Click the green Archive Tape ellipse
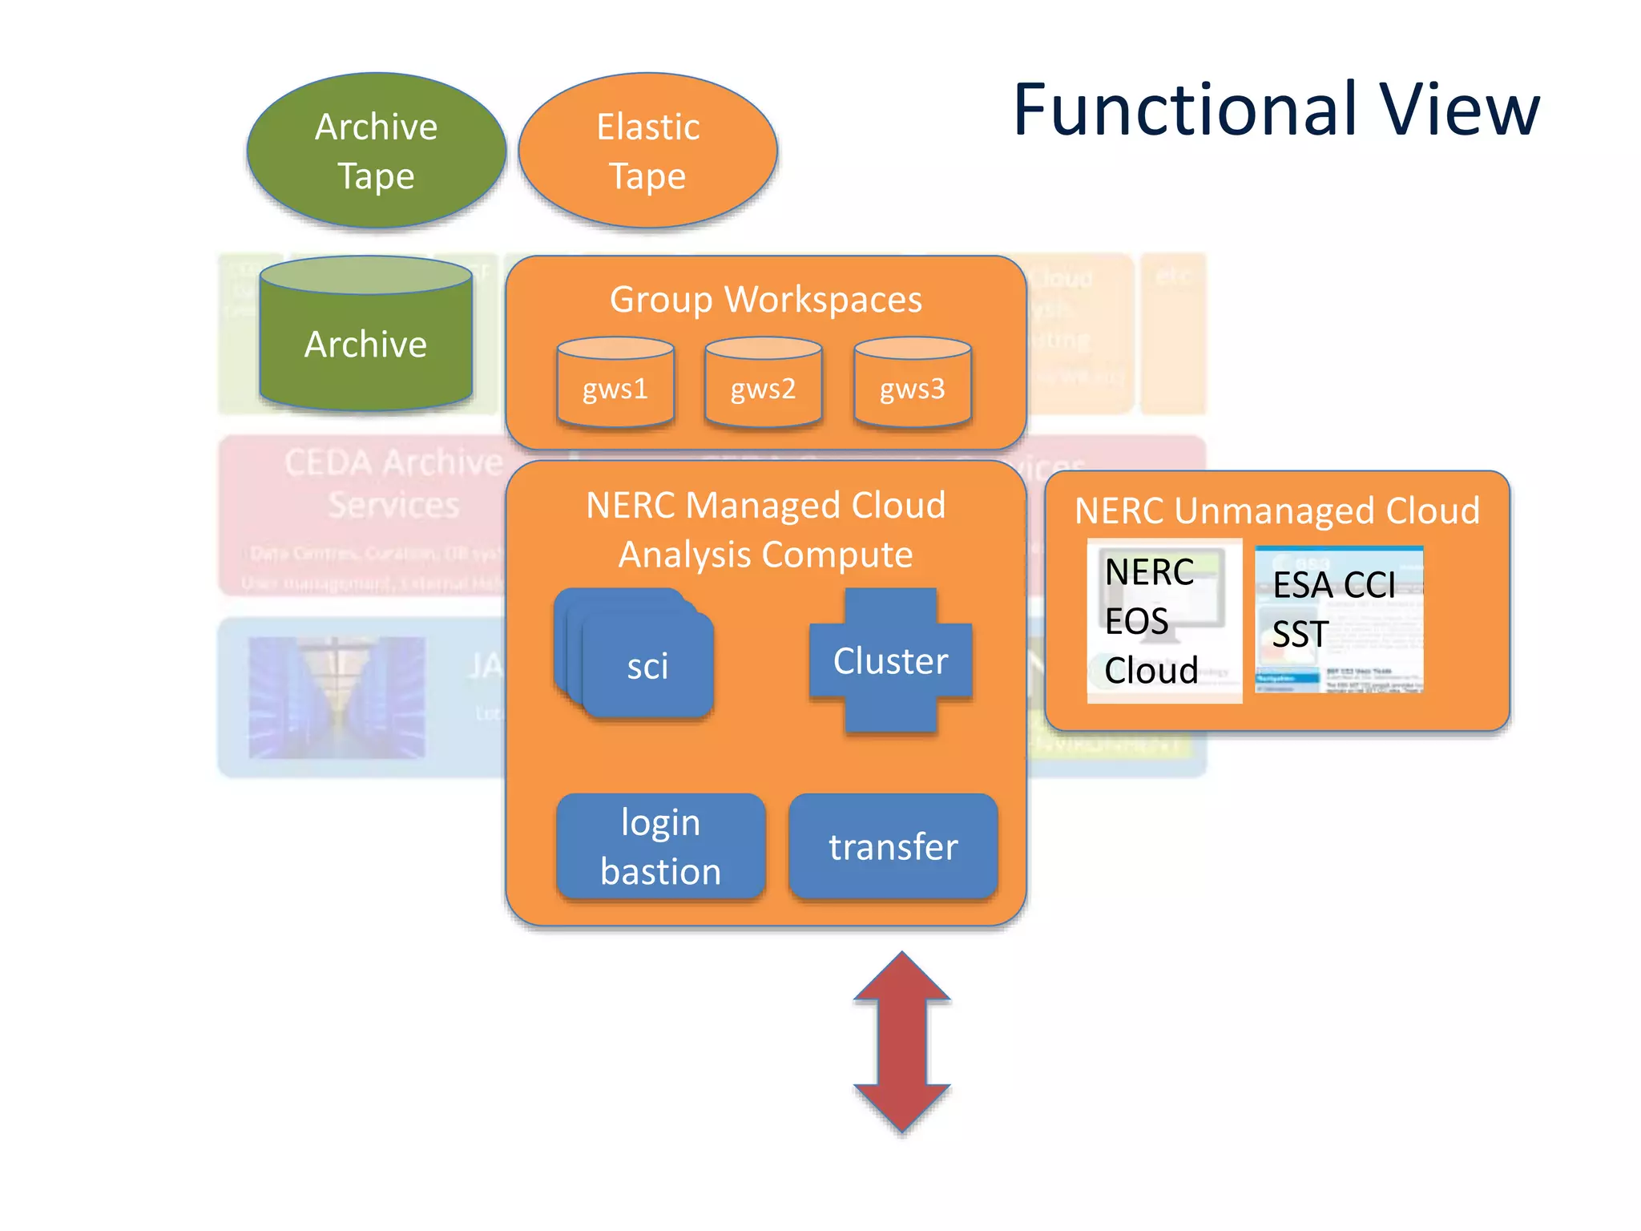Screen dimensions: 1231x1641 pyautogui.click(x=376, y=151)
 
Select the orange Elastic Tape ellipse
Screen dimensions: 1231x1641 pyautogui.click(x=647, y=151)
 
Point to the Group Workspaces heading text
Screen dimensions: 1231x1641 pyautogui.click(x=765, y=300)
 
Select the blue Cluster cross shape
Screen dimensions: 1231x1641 pyautogui.click(x=890, y=660)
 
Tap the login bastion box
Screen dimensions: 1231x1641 pyautogui.click(x=660, y=846)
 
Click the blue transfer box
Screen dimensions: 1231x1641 pyautogui.click(x=893, y=846)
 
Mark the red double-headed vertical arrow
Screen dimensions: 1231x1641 pyautogui.click(x=902, y=1042)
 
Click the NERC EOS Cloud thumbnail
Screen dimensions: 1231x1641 pyautogui.click(x=1163, y=621)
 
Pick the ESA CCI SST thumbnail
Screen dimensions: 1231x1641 pyautogui.click(x=1338, y=619)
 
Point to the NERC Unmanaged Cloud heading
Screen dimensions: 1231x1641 pyautogui.click(x=1277, y=511)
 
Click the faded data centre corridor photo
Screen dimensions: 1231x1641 pyautogui.click(x=337, y=697)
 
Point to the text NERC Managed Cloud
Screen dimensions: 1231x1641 pyautogui.click(x=765, y=506)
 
